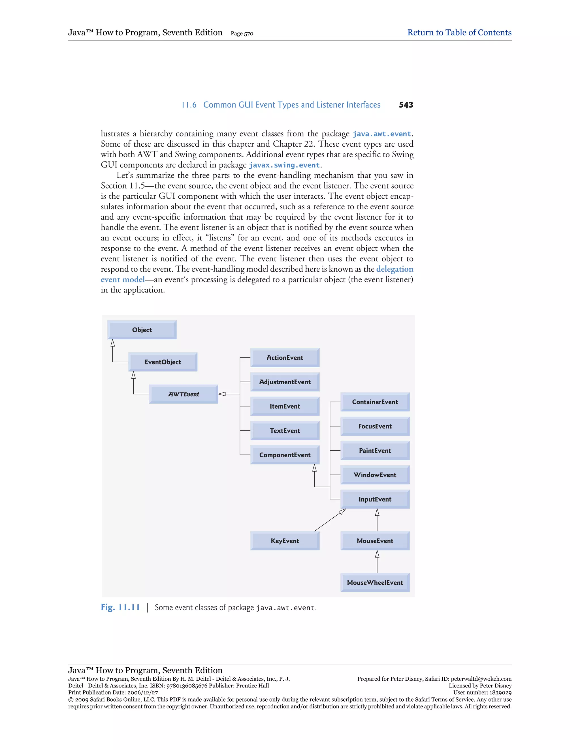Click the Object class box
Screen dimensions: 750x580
142,330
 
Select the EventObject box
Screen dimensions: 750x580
163,362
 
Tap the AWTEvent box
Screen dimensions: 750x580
184,394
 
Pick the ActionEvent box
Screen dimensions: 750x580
285,358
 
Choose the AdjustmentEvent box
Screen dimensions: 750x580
285,382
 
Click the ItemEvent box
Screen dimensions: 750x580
285,406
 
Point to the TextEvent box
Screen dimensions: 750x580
285,431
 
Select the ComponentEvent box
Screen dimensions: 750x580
285,455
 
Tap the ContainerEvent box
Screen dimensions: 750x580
375,402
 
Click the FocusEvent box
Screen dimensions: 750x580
375,426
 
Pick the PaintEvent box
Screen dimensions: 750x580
375,451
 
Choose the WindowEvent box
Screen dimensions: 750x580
375,475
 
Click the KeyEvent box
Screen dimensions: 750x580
285,541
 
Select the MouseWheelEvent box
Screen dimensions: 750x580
375,582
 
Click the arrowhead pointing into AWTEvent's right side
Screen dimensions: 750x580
222,394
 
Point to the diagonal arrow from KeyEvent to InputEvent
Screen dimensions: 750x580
330,520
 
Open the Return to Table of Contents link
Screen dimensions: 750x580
459,33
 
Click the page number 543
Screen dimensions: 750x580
406,105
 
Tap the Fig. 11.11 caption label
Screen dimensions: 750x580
120,607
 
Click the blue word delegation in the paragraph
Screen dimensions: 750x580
395,269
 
